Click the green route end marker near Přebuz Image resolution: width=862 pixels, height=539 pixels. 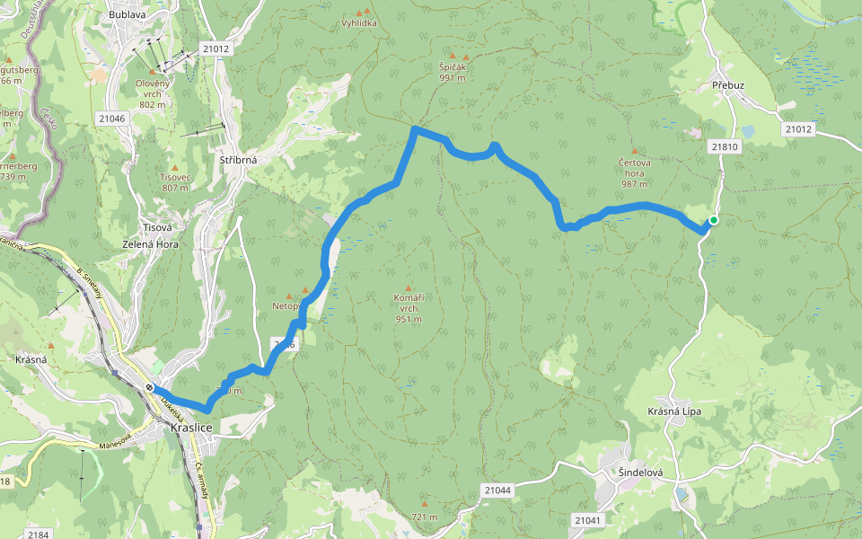(x=713, y=220)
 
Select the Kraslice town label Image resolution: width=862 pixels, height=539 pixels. (x=190, y=428)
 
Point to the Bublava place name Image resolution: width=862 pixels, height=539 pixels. (x=127, y=15)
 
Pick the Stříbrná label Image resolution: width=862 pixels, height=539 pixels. (x=239, y=160)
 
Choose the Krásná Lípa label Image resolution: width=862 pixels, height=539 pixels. (x=674, y=411)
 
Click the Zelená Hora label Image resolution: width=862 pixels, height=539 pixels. (x=151, y=244)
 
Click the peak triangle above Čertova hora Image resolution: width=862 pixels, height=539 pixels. (x=635, y=151)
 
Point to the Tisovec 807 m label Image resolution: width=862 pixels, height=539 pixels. (x=175, y=182)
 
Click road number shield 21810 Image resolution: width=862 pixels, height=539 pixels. (x=723, y=146)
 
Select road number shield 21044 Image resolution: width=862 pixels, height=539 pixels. (x=497, y=490)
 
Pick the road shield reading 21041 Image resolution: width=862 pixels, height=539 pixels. (x=587, y=520)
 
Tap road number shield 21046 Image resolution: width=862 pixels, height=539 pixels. (x=112, y=118)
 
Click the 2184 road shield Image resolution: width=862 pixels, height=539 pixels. (x=38, y=535)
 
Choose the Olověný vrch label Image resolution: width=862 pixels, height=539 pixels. (x=153, y=93)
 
